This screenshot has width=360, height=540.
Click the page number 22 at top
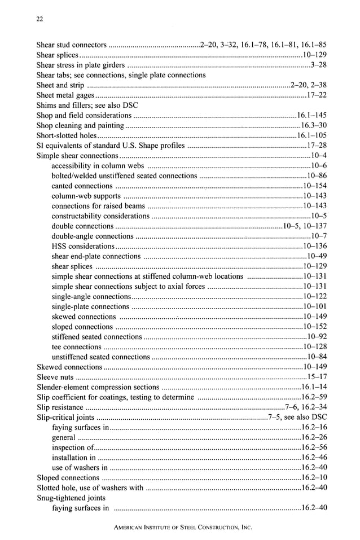pos(39,19)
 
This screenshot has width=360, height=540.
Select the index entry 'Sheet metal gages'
pos(65,95)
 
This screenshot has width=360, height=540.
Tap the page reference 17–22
pos(317,95)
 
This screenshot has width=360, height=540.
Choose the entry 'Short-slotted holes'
pos(67,135)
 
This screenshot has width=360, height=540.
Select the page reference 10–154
pos(314,186)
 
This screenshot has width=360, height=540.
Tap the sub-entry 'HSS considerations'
pos(83,246)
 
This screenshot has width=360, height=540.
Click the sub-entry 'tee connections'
pos(76,346)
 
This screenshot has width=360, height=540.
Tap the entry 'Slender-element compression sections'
pos(98,387)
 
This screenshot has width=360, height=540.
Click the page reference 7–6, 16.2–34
pos(306,407)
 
